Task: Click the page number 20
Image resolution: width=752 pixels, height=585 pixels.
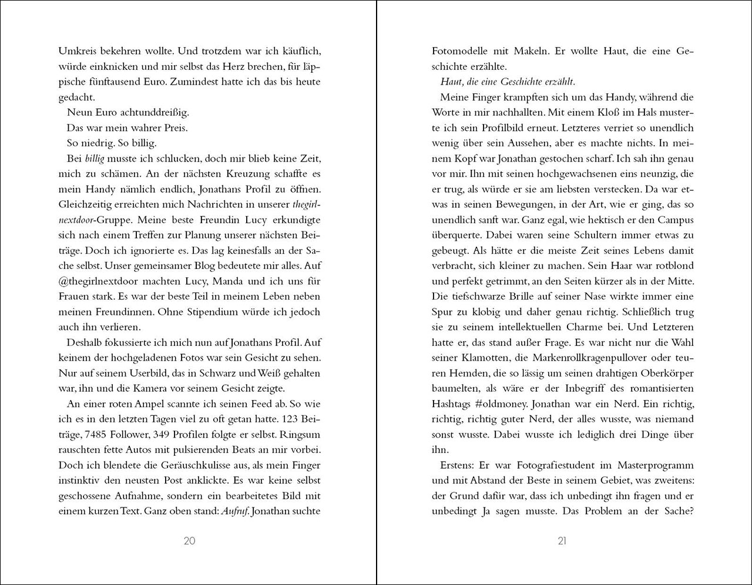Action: point(189,541)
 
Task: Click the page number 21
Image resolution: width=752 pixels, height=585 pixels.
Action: point(562,541)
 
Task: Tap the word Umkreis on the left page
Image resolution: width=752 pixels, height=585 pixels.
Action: point(77,51)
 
